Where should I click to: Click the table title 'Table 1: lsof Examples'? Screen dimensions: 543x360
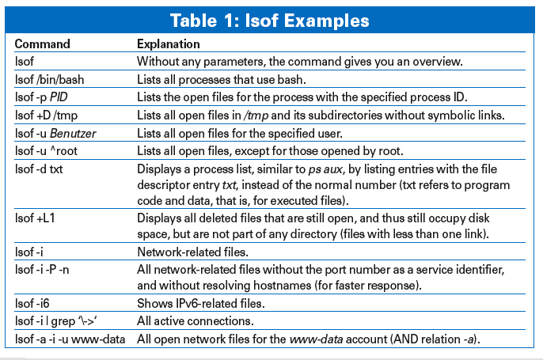point(269,21)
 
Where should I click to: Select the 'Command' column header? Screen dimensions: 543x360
point(42,44)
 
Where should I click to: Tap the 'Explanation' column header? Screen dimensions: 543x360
point(169,44)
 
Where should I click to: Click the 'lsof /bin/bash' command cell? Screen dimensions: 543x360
point(49,80)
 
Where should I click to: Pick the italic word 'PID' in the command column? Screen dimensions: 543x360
point(59,97)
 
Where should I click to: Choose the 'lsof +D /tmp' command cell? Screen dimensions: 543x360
point(46,115)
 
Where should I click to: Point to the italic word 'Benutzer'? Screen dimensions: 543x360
point(73,133)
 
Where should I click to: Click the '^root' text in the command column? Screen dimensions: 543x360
point(64,151)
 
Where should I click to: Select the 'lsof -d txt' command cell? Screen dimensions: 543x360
point(39,169)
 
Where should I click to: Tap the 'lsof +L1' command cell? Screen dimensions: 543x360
point(35,218)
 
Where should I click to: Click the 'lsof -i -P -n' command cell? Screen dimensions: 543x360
point(42,269)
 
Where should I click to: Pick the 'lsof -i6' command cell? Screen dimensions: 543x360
point(32,303)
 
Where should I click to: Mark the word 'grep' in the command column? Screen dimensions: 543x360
point(63,321)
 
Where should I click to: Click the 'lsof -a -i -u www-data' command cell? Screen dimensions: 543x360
point(70,339)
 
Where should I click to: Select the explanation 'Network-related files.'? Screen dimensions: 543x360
point(192,252)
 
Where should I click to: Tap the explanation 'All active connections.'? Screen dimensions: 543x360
point(196,321)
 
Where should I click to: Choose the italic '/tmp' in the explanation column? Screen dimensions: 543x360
point(256,116)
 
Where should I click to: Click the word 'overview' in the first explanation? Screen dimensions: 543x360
point(438,62)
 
